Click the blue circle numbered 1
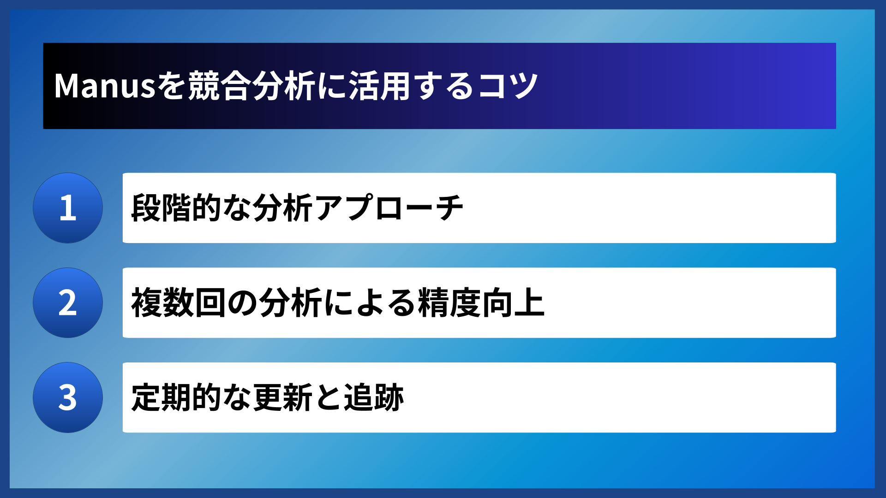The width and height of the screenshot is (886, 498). coord(68,208)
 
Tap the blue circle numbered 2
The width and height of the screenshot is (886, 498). coord(68,303)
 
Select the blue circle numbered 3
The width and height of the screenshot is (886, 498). coord(68,397)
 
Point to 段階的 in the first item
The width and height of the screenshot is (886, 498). coord(176,208)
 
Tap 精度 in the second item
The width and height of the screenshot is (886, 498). coord(449,303)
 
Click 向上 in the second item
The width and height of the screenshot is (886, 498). coord(513,303)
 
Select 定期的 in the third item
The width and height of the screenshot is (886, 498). coord(176,397)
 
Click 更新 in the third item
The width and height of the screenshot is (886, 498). coord(283,397)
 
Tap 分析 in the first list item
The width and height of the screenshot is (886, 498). coord(283,208)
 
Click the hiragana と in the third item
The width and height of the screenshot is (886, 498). coord(328,397)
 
